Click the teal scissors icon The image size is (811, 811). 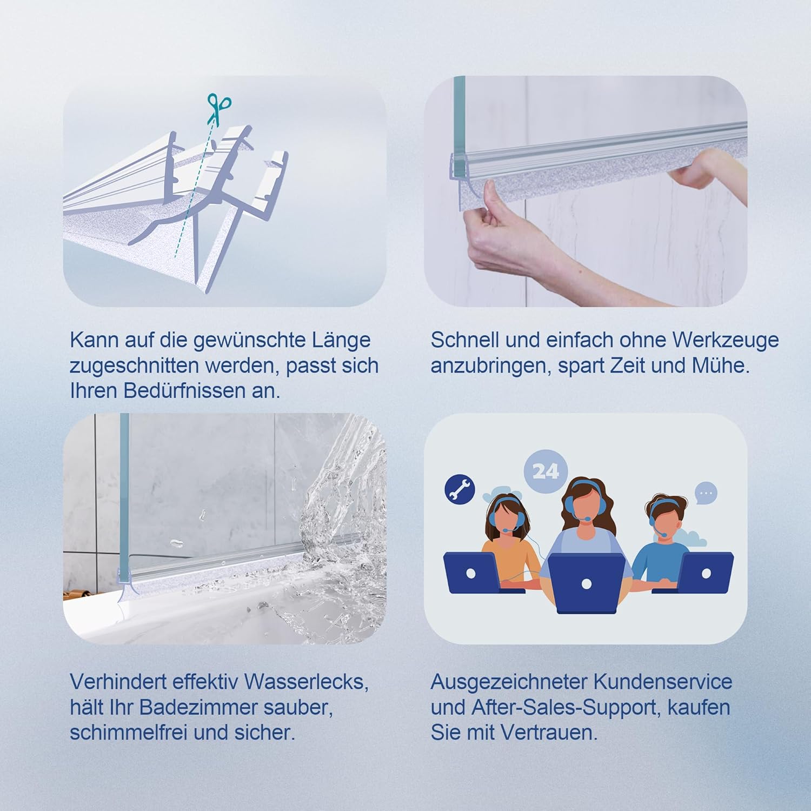coord(219,109)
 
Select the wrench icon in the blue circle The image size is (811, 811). coord(460,489)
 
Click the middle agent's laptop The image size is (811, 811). coord(587,583)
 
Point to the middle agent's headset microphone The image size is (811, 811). coord(586,518)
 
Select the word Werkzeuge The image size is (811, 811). coord(726,341)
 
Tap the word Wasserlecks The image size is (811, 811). coord(306,681)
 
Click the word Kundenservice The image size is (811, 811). coord(663,681)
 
